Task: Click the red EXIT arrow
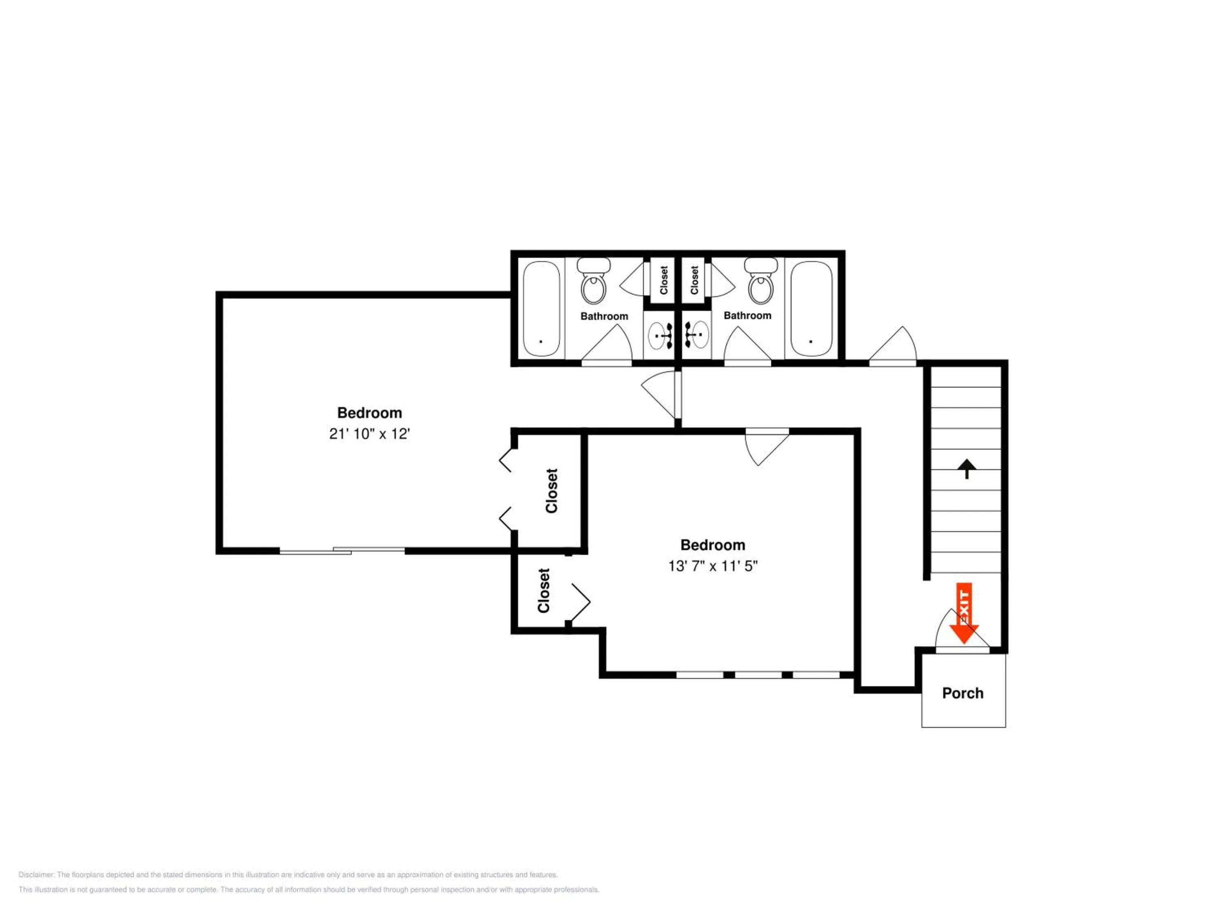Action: (964, 613)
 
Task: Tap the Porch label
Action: (963, 693)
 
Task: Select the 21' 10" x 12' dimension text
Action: (369, 434)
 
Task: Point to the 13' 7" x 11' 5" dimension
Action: (713, 566)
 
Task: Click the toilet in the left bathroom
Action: (594, 281)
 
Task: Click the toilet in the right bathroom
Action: (761, 281)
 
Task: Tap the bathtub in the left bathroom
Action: (542, 309)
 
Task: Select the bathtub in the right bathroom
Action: (811, 309)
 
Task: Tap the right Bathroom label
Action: (747, 315)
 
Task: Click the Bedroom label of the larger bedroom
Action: (370, 413)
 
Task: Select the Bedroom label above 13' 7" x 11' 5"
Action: (713, 545)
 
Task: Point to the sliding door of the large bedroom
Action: (342, 550)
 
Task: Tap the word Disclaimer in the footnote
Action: (37, 875)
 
